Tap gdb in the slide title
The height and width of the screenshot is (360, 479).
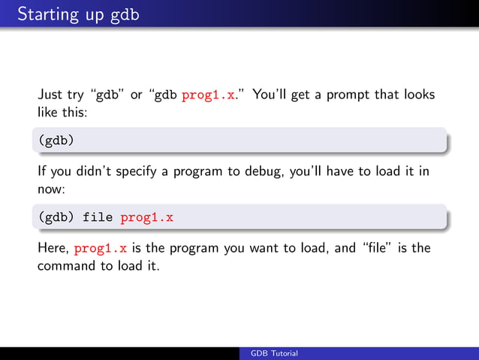point(125,15)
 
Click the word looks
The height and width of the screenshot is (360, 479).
point(418,95)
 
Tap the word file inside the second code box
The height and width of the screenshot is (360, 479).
point(98,218)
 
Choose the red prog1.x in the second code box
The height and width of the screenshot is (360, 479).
point(146,218)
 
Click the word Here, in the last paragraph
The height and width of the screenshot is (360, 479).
point(54,248)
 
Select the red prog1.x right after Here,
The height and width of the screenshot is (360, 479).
point(100,248)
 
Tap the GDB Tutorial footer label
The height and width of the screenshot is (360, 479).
point(274,353)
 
